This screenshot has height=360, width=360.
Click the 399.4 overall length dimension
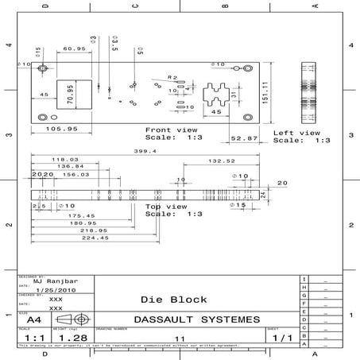click(x=145, y=151)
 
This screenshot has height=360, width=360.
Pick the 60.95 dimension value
click(x=75, y=49)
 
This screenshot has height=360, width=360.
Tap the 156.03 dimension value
click(x=76, y=174)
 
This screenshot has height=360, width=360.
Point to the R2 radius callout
click(x=172, y=77)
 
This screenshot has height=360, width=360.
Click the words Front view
click(x=171, y=129)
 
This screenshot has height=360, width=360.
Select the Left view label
click(x=296, y=133)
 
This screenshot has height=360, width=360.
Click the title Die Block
click(x=173, y=300)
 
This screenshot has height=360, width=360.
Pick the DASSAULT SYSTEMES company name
click(x=196, y=319)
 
